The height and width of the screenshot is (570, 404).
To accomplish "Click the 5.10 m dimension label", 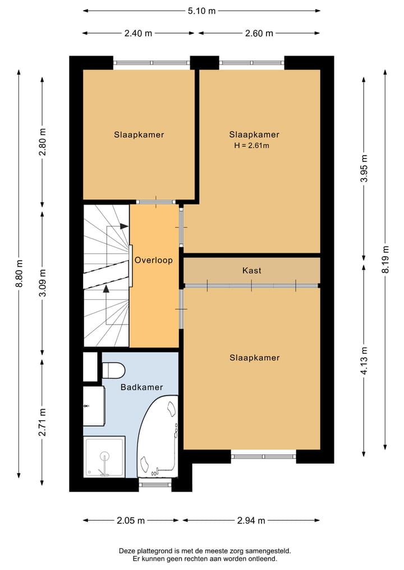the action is pyautogui.click(x=201, y=11).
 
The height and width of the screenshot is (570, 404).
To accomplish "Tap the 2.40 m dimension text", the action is pyautogui.click(x=138, y=34).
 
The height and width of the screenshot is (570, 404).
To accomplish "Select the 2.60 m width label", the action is pyautogui.click(x=259, y=34).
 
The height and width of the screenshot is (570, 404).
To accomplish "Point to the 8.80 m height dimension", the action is pyautogui.click(x=19, y=274).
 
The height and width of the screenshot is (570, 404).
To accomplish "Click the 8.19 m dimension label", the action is pyautogui.click(x=386, y=259).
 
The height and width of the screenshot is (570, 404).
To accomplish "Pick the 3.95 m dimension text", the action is pyautogui.click(x=364, y=168).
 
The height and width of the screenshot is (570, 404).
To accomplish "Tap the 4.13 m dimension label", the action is pyautogui.click(x=364, y=360).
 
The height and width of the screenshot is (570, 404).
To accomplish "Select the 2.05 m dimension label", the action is pyautogui.click(x=131, y=521).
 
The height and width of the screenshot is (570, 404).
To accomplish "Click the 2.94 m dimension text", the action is pyautogui.click(x=251, y=521).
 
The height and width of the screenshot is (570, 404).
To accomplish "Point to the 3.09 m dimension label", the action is pyautogui.click(x=43, y=283).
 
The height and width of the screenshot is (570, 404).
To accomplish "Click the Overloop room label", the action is pyautogui.click(x=154, y=260).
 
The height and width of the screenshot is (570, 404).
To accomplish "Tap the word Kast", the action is pyautogui.click(x=252, y=271).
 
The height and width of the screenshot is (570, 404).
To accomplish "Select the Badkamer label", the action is pyautogui.click(x=141, y=387).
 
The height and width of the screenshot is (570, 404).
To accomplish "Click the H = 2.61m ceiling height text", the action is pyautogui.click(x=251, y=146).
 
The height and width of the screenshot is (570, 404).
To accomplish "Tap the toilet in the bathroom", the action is pyautogui.click(x=113, y=370).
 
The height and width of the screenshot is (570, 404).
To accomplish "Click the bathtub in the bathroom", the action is pyautogui.click(x=158, y=436).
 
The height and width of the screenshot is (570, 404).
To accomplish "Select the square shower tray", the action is pyautogui.click(x=104, y=457).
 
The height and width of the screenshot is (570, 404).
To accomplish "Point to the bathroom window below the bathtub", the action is pyautogui.click(x=155, y=484).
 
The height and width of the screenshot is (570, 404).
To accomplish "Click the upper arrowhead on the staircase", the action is pyautogui.click(x=125, y=226).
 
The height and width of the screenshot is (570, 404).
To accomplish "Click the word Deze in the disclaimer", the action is pyautogui.click(x=127, y=551).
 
